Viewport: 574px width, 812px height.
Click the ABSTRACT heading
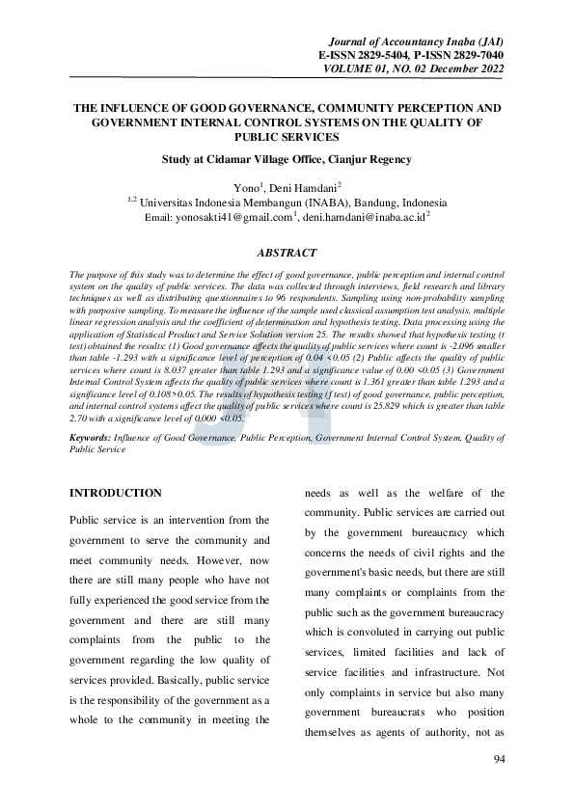point(287,253)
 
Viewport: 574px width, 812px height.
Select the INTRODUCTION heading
point(116,493)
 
